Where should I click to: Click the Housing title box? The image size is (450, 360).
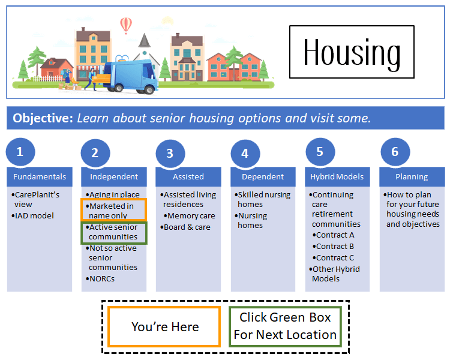pos(352,52)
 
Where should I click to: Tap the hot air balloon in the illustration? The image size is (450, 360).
pos(125,25)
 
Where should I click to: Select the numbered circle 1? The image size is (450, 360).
pos(20,152)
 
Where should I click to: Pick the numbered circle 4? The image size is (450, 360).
pos(245,153)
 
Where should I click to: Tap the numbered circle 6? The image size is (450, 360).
pos(394,152)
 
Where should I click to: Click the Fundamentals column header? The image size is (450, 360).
pos(40,177)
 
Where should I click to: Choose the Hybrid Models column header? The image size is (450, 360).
pos(337,177)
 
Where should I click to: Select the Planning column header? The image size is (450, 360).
pos(412,177)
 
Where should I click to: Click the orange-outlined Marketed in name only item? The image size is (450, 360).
pos(113,211)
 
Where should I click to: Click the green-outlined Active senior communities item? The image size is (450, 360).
pos(113,232)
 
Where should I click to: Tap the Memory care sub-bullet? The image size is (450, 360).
pos(191,216)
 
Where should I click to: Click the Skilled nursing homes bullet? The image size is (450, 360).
pos(263,199)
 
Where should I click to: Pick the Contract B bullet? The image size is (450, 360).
pos(335,247)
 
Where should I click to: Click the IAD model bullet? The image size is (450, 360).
pos(34,216)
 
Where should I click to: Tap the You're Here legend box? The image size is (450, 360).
pos(164,327)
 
